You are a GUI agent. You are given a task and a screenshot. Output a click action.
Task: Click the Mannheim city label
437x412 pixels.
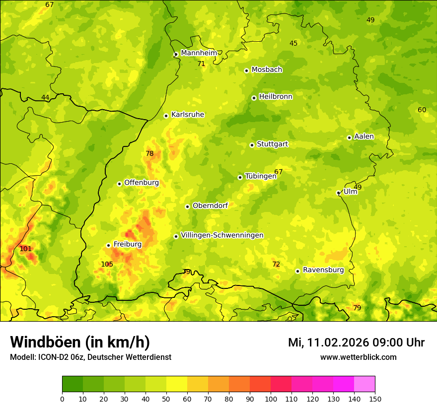point(199,53)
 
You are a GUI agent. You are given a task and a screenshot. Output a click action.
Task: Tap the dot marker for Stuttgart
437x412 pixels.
point(252,145)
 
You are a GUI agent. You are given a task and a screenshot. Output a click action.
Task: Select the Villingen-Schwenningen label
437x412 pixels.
point(222,235)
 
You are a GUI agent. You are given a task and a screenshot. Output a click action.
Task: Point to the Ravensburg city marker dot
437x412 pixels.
point(297,271)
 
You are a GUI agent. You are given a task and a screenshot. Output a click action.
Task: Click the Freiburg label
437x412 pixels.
point(127,244)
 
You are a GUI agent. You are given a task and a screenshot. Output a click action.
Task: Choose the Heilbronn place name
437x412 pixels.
point(276,97)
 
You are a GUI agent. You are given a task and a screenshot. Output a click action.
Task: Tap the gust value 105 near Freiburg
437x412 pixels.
point(107,264)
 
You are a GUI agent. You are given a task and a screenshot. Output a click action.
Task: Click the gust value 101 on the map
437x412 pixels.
point(25,249)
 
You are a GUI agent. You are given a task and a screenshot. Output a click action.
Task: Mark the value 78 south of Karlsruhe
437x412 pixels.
point(149,154)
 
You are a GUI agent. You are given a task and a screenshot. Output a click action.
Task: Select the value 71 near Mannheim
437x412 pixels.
point(201,64)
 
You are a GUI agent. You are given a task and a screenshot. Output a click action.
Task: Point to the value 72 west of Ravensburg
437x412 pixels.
point(276,264)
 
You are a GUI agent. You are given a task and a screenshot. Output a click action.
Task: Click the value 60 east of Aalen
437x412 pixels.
point(422,110)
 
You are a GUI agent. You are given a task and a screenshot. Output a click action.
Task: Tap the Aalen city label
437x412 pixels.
point(364,137)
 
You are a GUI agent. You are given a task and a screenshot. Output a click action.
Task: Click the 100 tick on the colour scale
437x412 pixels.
point(271,399)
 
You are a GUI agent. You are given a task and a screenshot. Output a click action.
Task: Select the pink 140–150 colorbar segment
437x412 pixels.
point(364,384)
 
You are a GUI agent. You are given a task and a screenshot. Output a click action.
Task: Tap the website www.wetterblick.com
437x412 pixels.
point(358,357)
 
